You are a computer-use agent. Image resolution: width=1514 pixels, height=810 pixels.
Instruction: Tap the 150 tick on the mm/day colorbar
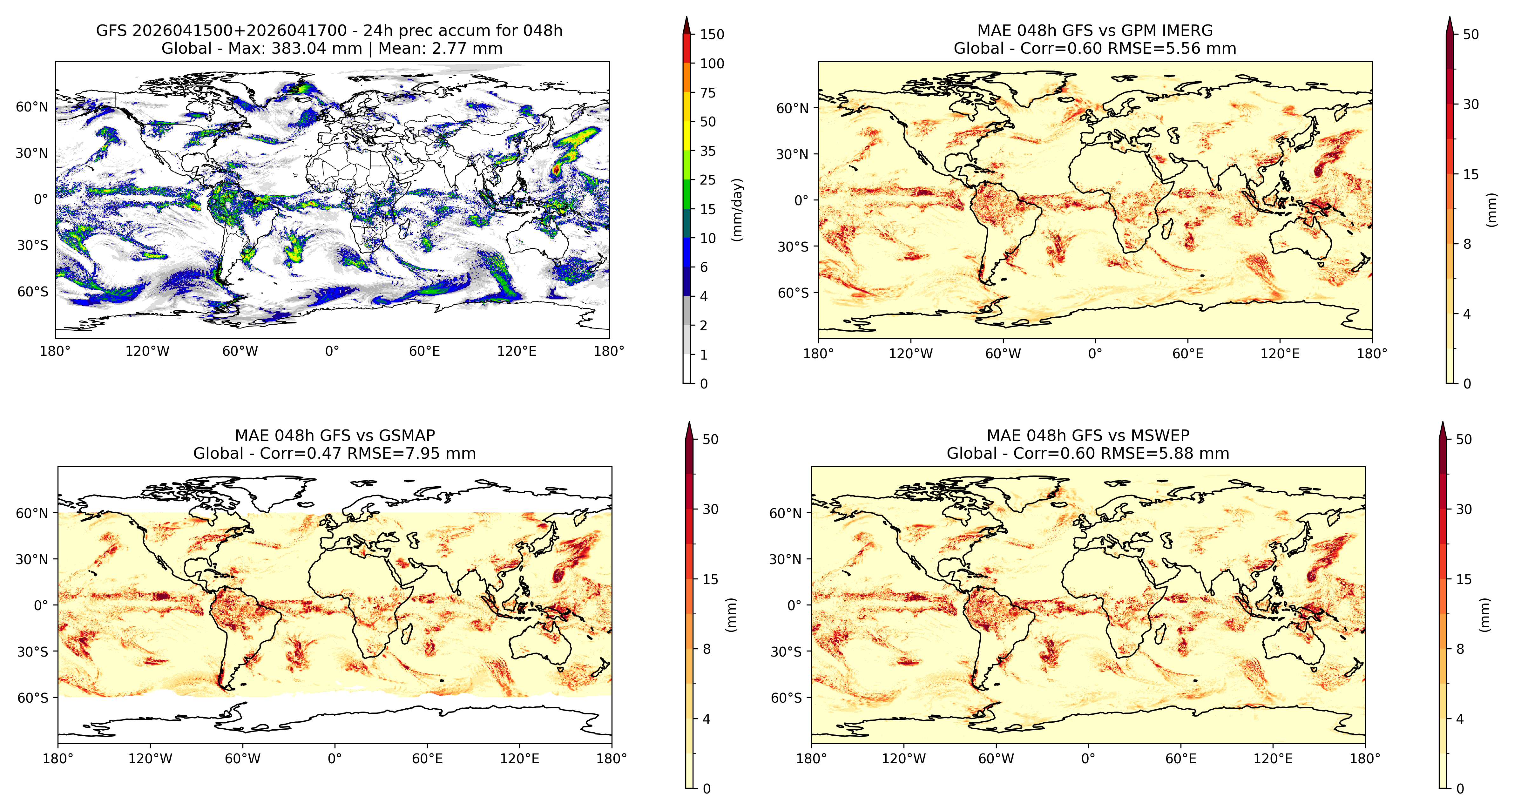(x=712, y=34)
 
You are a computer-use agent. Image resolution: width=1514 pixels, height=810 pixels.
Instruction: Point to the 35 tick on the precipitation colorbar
(x=708, y=151)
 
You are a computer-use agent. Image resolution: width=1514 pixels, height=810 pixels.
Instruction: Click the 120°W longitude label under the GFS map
(x=147, y=352)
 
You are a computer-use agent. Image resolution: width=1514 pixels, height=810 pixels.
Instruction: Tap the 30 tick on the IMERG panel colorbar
(x=1470, y=104)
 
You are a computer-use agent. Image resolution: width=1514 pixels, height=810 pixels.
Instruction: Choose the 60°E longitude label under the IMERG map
(x=1188, y=354)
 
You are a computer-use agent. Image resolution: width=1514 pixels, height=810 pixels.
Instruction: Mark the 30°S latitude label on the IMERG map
(x=794, y=247)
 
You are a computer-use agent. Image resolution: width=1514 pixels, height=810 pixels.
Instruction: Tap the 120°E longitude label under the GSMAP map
(x=520, y=759)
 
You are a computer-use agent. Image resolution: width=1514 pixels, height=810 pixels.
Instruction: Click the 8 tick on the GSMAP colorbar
(x=706, y=649)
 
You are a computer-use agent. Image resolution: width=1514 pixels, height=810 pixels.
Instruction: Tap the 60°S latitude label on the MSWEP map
(x=786, y=698)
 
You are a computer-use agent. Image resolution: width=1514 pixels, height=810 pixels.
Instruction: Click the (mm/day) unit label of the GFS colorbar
(x=737, y=209)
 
